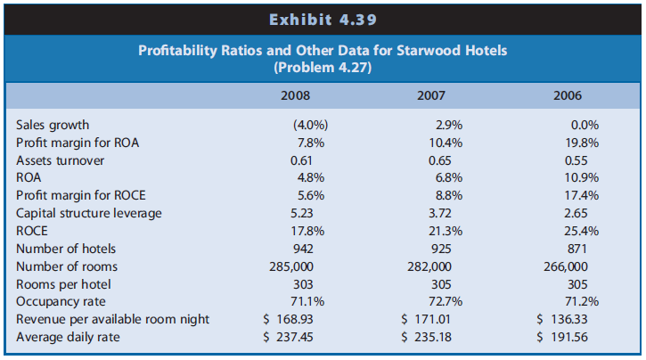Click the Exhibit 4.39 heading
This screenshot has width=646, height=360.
click(x=322, y=16)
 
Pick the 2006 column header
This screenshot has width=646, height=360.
click(x=567, y=94)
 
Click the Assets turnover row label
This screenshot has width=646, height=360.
click(x=60, y=160)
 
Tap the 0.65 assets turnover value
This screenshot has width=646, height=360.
click(x=439, y=160)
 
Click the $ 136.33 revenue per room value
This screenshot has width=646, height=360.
click(x=566, y=319)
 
